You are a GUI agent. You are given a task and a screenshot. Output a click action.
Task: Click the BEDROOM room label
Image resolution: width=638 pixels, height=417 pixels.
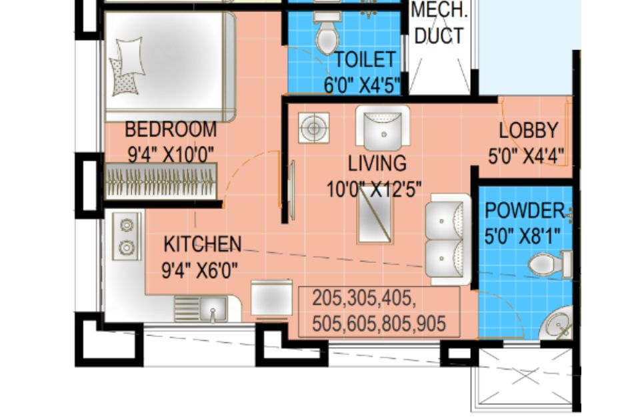click(171, 129)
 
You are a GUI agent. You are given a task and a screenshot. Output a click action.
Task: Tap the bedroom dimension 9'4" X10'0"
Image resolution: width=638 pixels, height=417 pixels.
click(171, 155)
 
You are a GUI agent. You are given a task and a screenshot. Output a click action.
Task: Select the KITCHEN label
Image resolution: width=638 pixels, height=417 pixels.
click(202, 244)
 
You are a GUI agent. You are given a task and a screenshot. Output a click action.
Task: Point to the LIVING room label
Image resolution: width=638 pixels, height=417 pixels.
click(377, 163)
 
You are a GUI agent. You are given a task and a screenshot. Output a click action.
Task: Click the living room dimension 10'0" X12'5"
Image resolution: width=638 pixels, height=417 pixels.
click(374, 189)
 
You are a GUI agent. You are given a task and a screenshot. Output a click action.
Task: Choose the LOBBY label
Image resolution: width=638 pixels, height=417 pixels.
click(528, 130)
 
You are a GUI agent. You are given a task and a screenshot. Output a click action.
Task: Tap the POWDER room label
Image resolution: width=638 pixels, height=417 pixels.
click(525, 211)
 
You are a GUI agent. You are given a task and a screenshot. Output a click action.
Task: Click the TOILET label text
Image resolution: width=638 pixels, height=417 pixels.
click(365, 60)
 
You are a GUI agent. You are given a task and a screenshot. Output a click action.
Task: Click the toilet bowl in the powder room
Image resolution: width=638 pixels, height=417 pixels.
click(550, 264)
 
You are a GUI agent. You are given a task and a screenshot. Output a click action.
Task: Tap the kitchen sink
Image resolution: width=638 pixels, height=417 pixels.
click(213, 309)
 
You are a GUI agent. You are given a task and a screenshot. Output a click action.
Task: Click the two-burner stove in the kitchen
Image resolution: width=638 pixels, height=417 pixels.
click(127, 236)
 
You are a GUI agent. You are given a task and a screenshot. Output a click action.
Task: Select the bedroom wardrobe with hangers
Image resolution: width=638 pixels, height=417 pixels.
click(161, 181)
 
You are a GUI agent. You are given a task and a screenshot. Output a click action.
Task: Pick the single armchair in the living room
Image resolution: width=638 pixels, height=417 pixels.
click(383, 128)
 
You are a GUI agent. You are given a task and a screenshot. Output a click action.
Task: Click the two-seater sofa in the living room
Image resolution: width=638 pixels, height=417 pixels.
click(447, 240)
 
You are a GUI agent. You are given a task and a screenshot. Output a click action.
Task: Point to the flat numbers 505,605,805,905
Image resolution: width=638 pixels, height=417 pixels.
click(379, 324)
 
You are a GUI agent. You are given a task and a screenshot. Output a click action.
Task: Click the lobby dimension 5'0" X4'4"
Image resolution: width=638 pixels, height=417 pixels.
click(526, 156)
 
